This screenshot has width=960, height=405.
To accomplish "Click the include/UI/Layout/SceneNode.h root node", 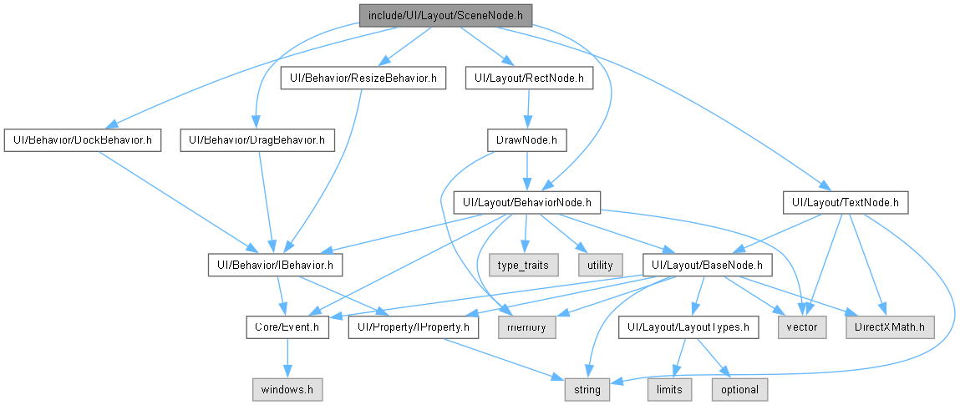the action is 445,15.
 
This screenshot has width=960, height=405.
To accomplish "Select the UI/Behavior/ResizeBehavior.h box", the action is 363,78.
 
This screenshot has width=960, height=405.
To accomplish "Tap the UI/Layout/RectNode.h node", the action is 529,78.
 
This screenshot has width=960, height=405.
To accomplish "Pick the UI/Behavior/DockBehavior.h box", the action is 82,141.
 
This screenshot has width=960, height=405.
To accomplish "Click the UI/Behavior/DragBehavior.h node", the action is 258,141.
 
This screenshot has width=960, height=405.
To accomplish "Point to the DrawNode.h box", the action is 526,141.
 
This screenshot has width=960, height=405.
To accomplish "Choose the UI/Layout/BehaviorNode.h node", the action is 526,202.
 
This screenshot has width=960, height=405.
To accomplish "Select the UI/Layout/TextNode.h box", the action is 846,202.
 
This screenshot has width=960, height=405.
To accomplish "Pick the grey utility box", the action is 600,265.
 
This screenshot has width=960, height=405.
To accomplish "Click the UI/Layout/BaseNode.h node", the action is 707,265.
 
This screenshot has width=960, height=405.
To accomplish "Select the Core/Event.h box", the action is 287,327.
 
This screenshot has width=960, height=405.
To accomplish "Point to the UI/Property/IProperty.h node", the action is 414,327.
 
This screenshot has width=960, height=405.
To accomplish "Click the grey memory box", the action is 527,327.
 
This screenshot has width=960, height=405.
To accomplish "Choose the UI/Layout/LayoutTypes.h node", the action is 688,327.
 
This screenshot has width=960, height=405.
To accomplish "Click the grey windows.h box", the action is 287,390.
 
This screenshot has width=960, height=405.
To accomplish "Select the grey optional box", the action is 739,390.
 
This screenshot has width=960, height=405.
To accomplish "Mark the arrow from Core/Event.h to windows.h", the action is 287,358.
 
